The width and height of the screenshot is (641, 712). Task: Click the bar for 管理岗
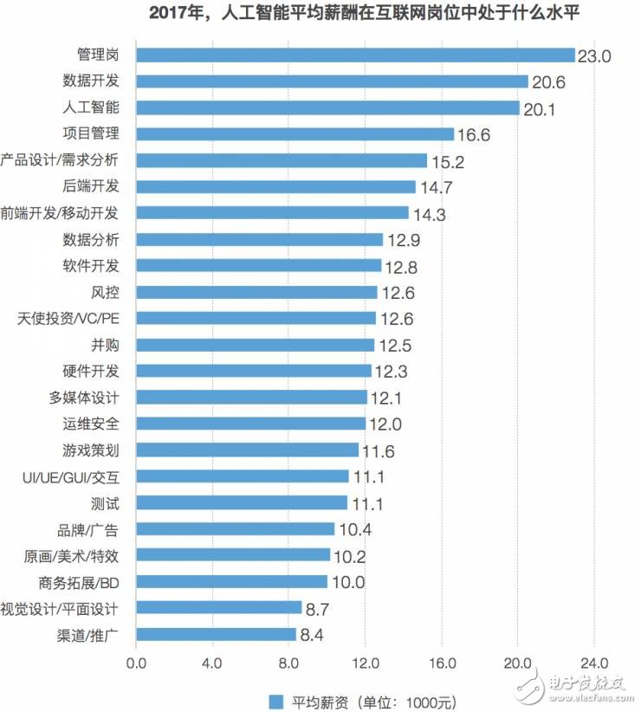(355, 55)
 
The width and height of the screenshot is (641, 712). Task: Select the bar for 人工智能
(327, 108)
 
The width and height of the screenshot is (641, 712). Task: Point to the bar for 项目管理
(295, 134)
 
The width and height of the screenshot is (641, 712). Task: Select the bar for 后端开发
(276, 186)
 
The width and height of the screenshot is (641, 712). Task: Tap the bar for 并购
(256, 345)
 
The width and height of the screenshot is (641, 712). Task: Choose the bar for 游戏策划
(247, 450)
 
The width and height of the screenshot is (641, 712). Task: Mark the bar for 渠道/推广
(216, 634)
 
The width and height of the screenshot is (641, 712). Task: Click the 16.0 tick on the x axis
(442, 663)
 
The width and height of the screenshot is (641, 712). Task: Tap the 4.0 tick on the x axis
(212, 663)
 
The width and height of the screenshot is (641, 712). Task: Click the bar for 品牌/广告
(235, 528)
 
